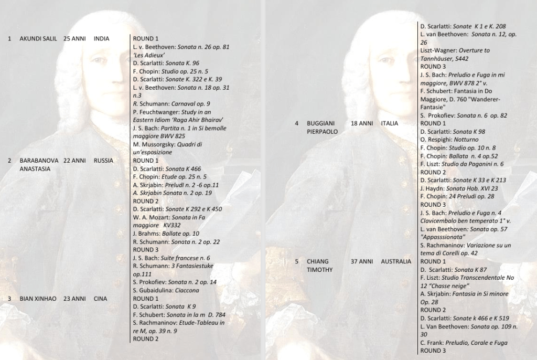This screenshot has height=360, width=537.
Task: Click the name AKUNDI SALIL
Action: coord(38,39)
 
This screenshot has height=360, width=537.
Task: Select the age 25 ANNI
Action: coord(74,39)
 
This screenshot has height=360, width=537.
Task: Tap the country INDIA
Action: coord(101,39)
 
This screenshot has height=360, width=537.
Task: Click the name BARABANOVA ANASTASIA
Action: coord(39,165)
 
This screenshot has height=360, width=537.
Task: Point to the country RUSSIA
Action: coord(103,161)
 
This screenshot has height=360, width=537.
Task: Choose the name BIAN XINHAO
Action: coord(38,299)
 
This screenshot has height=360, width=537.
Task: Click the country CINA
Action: coord(100,299)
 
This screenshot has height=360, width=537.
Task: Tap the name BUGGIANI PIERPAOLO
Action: coord(322,128)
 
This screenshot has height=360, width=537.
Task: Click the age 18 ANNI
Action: coord(362,123)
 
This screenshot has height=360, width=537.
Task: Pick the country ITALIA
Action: coord(390,123)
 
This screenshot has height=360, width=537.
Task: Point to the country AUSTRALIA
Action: coord(396,261)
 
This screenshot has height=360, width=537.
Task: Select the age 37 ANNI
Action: coord(362,261)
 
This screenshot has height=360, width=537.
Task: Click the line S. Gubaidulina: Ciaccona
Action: coord(166,290)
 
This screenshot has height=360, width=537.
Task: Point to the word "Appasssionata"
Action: coord(443,237)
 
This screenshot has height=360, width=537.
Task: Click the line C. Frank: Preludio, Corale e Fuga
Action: coord(464,343)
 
